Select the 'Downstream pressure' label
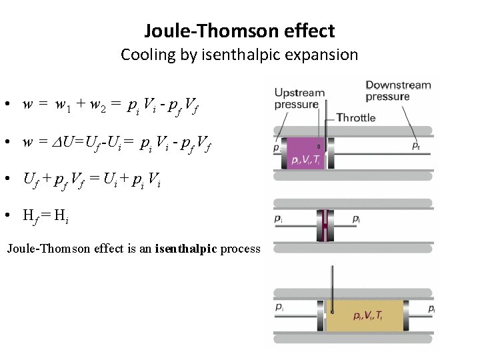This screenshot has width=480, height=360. [x=398, y=91]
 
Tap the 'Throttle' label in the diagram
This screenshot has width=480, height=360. [x=356, y=118]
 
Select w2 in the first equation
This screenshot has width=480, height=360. [x=98, y=105]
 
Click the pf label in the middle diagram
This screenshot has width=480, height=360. [x=357, y=219]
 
